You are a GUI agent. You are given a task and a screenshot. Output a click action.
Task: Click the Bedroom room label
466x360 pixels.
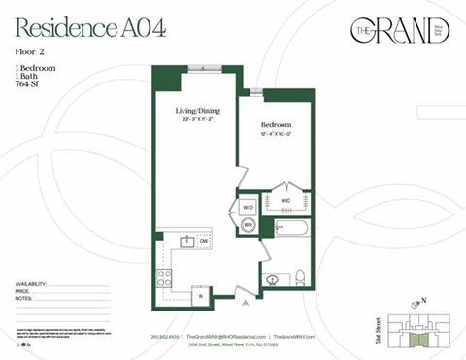coord(276,126)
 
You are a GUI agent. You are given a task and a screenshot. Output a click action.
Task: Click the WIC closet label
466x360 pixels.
coord(286,200)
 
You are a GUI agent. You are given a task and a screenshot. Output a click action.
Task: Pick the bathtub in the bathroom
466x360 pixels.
coord(290,229)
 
